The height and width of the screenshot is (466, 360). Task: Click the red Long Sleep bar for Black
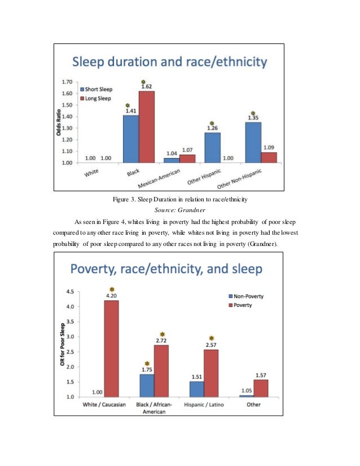146,127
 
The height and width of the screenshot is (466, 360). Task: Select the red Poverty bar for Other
261,388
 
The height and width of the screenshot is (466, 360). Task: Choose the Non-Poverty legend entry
245,296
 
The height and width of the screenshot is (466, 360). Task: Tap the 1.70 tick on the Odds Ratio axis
67,82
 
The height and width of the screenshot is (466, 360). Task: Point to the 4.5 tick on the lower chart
72,292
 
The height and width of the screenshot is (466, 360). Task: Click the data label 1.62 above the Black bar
147,86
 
